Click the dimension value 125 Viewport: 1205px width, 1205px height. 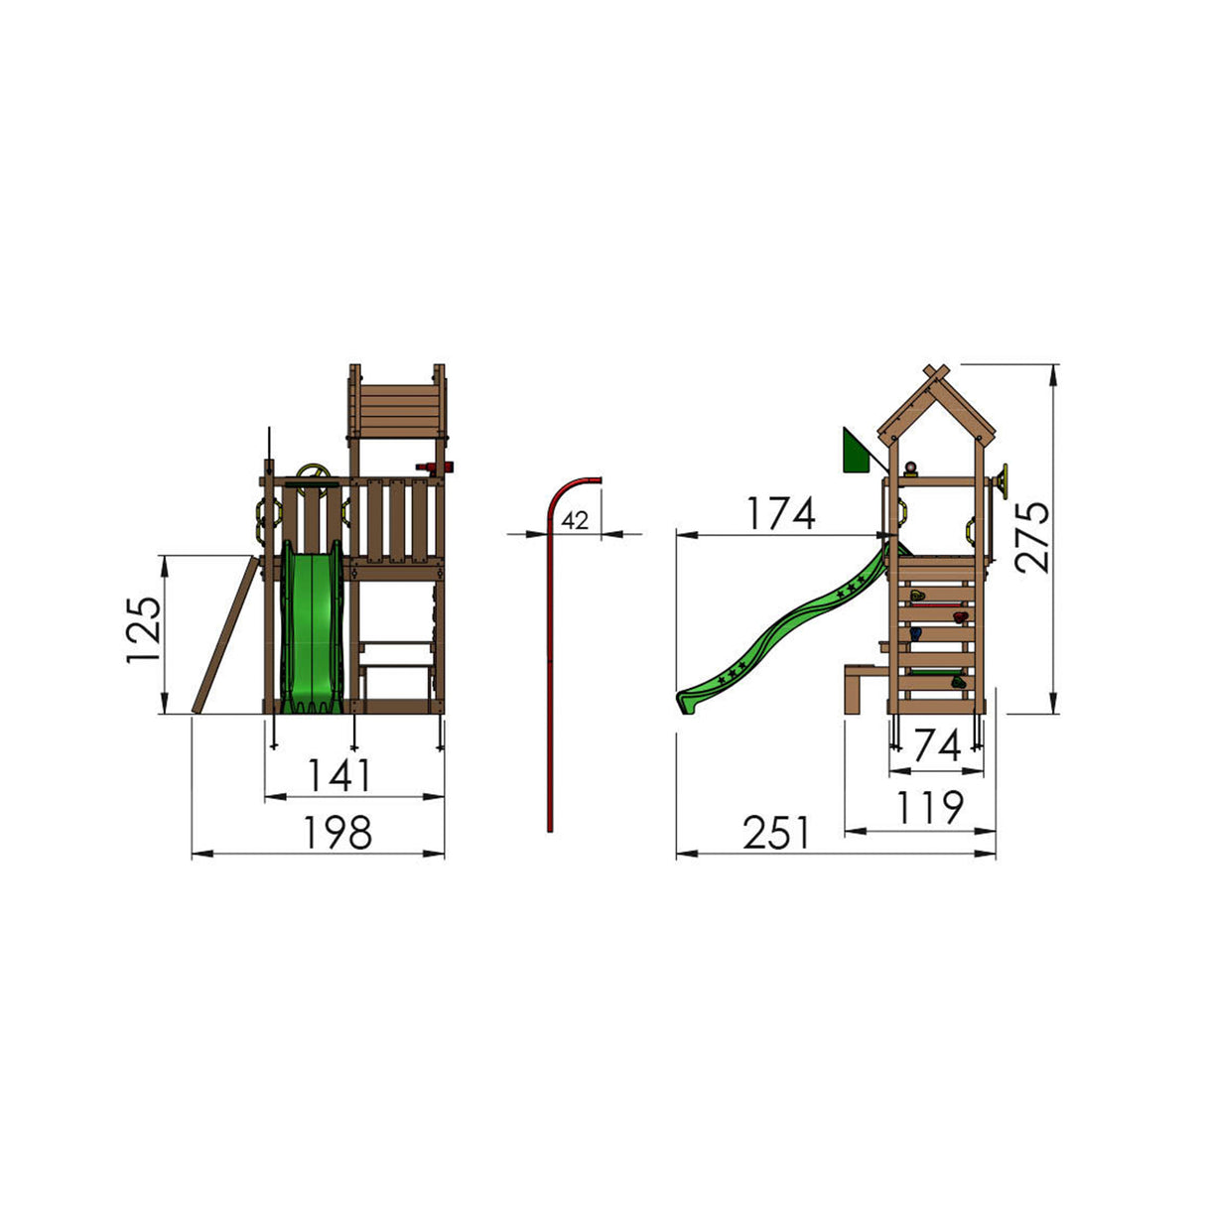click(143, 633)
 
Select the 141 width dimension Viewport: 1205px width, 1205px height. click(339, 775)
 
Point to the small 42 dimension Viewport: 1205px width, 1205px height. click(575, 519)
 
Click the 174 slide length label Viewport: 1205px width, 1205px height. click(781, 514)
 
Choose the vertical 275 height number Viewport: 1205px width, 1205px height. click(1032, 537)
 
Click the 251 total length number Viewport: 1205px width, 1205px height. click(777, 834)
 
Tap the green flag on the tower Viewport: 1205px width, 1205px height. click(854, 452)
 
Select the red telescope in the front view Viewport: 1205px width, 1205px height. click(433, 467)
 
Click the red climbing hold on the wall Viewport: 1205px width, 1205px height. click(959, 617)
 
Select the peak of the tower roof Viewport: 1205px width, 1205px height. click(934, 373)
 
